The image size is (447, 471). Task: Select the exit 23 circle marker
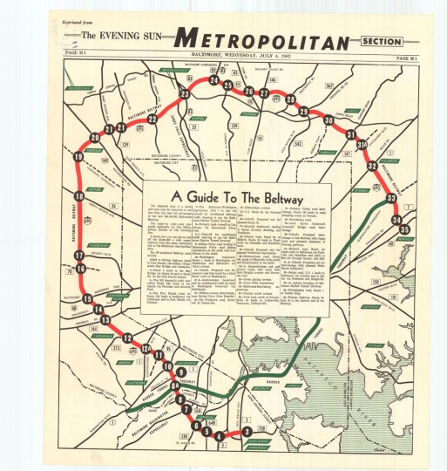coord(185,93)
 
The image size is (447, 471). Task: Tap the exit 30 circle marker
coord(328,120)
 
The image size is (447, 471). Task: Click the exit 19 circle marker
coord(78,156)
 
